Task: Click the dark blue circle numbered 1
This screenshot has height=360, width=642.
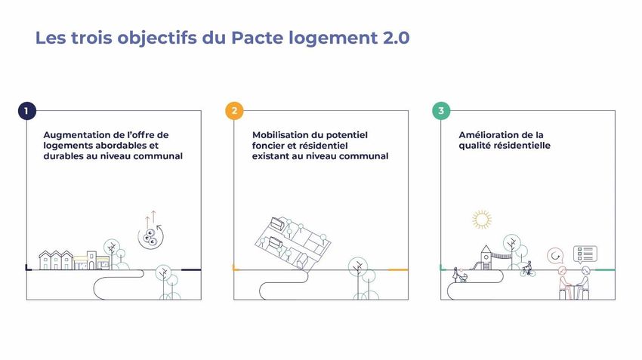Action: (x=27, y=111)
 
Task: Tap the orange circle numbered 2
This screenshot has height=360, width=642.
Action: (x=234, y=111)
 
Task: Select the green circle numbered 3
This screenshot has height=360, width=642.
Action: (x=441, y=111)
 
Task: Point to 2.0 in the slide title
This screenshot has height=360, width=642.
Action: (x=396, y=38)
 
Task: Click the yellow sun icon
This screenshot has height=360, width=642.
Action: (x=482, y=220)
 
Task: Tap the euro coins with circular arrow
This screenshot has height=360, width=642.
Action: (x=150, y=237)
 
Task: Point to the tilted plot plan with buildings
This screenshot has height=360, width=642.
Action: (x=293, y=243)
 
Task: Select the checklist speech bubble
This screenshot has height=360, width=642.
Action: (x=585, y=255)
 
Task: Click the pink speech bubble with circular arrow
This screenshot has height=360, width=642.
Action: (x=555, y=256)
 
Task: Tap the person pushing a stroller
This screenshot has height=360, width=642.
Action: (x=459, y=275)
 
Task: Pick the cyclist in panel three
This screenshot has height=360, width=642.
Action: (x=528, y=269)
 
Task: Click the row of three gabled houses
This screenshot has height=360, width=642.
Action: (x=56, y=260)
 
